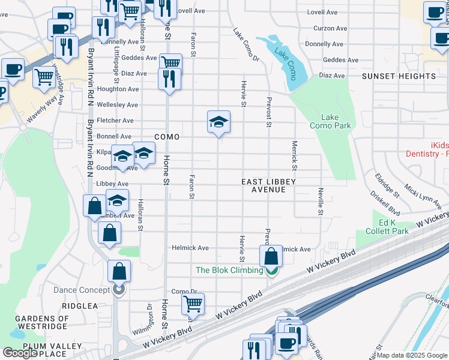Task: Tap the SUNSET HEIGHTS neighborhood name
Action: tap(399, 76)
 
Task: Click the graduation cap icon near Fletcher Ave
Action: tap(219, 122)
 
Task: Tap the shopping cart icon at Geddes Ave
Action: tap(171, 62)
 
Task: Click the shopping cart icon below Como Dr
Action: tap(193, 304)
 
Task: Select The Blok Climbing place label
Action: tap(229, 270)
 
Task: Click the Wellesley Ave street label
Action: tap(118, 105)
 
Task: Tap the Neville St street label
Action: tap(321, 201)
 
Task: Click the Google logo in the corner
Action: tap(20, 353)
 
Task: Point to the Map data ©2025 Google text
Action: tap(412, 355)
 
